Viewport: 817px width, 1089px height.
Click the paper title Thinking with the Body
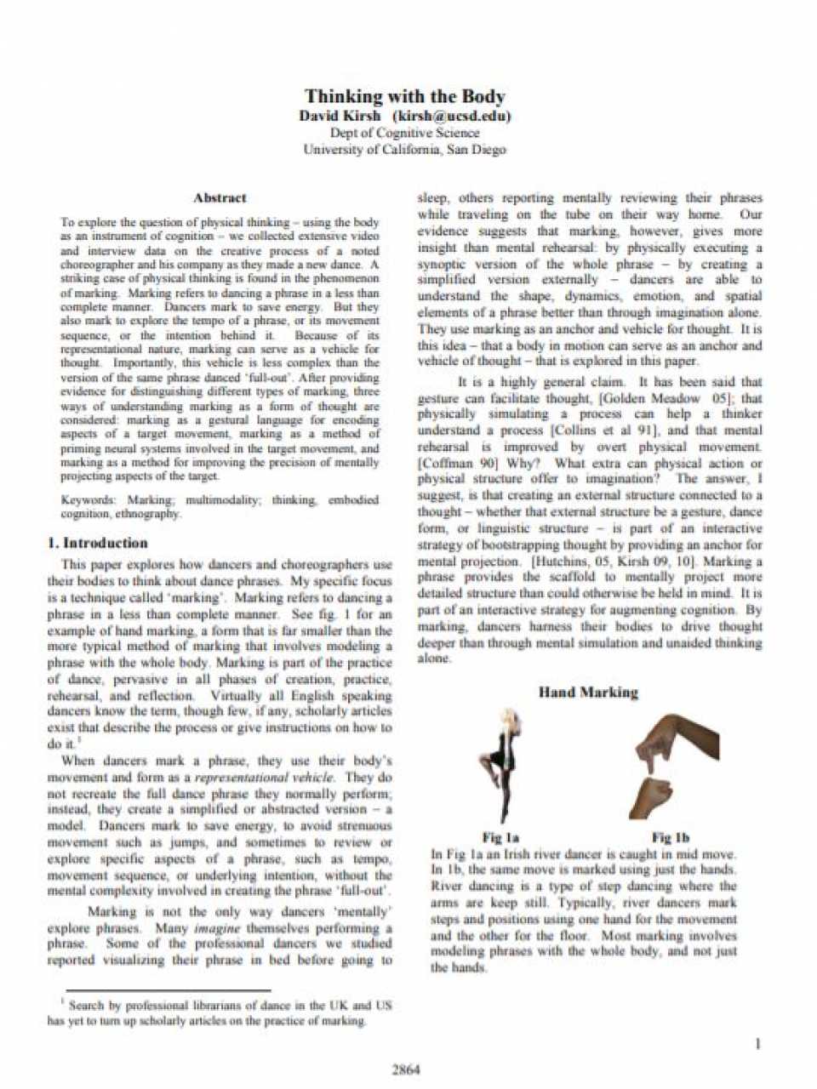click(x=405, y=96)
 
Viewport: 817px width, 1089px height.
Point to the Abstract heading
click(x=220, y=198)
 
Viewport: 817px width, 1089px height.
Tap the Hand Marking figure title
click(x=588, y=692)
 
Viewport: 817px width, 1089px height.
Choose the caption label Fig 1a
click(x=500, y=838)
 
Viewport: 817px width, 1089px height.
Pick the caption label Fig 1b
click(x=671, y=838)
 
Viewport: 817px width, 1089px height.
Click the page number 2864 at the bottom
click(x=406, y=1069)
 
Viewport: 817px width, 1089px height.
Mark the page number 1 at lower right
click(x=757, y=1044)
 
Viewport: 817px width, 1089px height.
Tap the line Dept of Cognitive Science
click(x=405, y=133)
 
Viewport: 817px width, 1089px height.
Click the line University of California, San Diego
click(x=405, y=150)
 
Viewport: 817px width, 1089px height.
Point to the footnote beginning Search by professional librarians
click(x=220, y=1012)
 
